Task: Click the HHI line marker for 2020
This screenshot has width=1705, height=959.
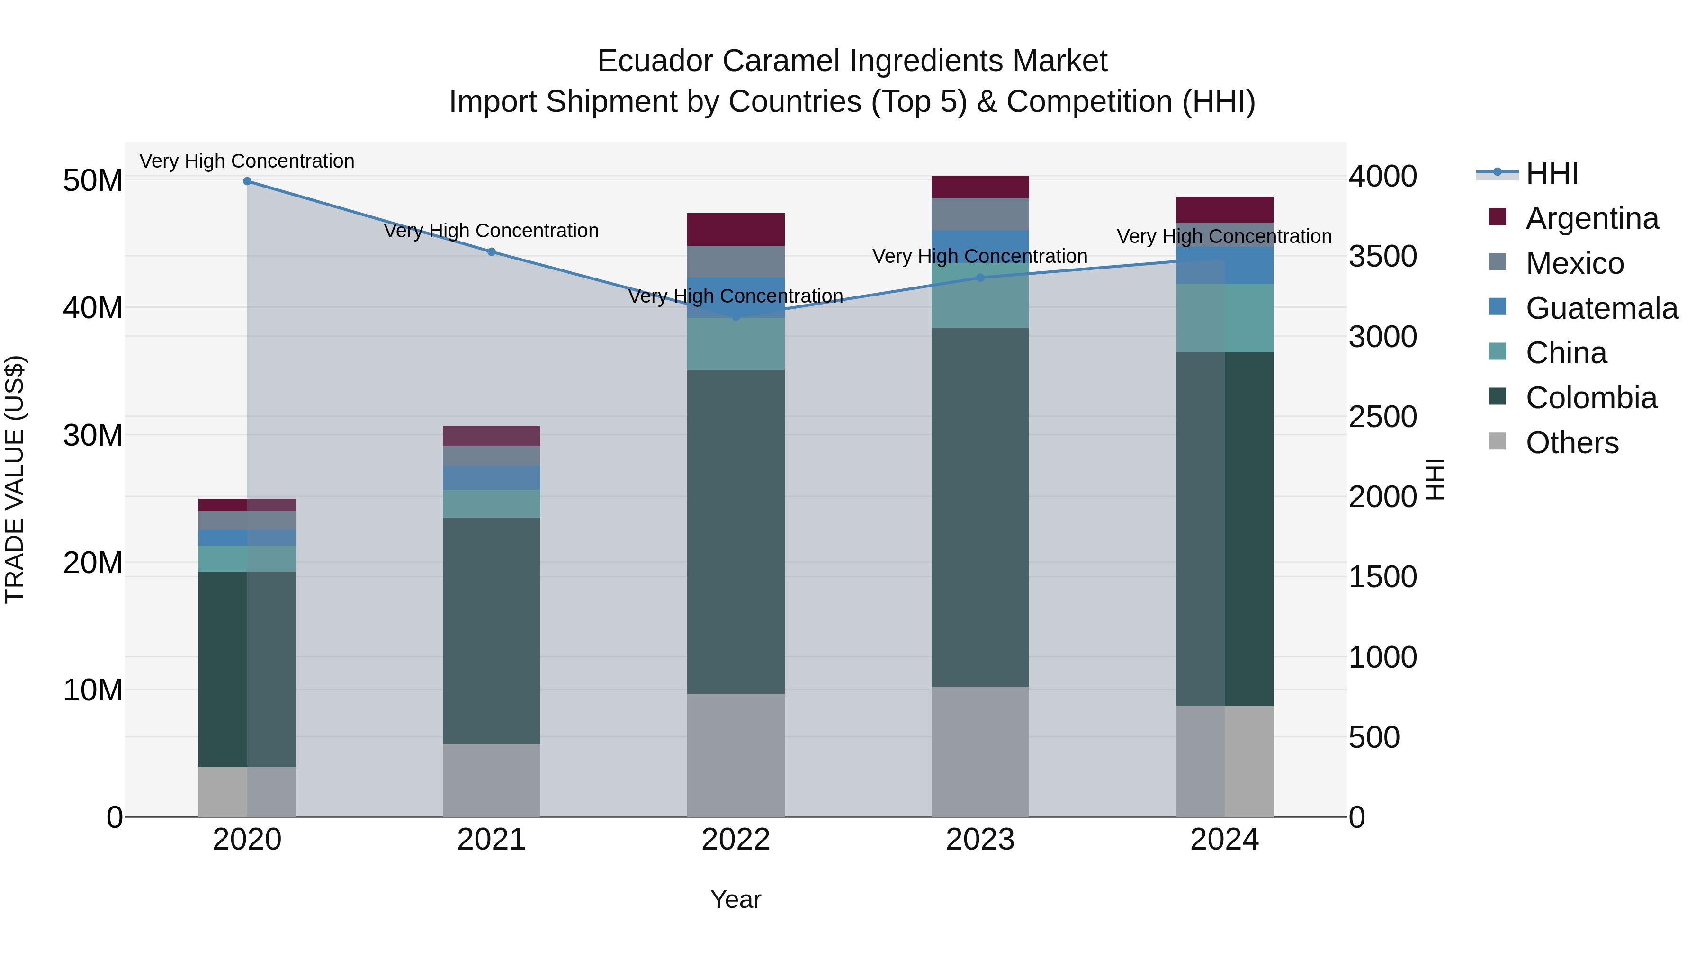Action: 247,181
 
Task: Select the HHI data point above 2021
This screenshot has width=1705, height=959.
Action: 491,252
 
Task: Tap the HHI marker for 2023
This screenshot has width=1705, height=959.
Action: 980,278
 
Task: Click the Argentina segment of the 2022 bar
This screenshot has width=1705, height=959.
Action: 736,230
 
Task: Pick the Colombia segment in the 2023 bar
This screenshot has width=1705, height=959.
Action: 980,507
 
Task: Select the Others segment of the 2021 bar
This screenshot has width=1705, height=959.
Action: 491,780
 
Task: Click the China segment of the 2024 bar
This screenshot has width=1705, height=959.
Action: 1224,318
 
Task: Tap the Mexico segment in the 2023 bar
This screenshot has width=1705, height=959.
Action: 980,214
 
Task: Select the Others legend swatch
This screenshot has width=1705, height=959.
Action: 1497,441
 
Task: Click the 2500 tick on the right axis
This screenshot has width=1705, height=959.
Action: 1382,417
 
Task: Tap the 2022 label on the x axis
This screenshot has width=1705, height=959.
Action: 736,840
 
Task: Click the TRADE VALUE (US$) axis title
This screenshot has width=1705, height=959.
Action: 15,479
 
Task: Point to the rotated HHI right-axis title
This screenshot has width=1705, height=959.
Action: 1434,479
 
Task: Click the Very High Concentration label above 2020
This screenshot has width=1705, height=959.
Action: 247,161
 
